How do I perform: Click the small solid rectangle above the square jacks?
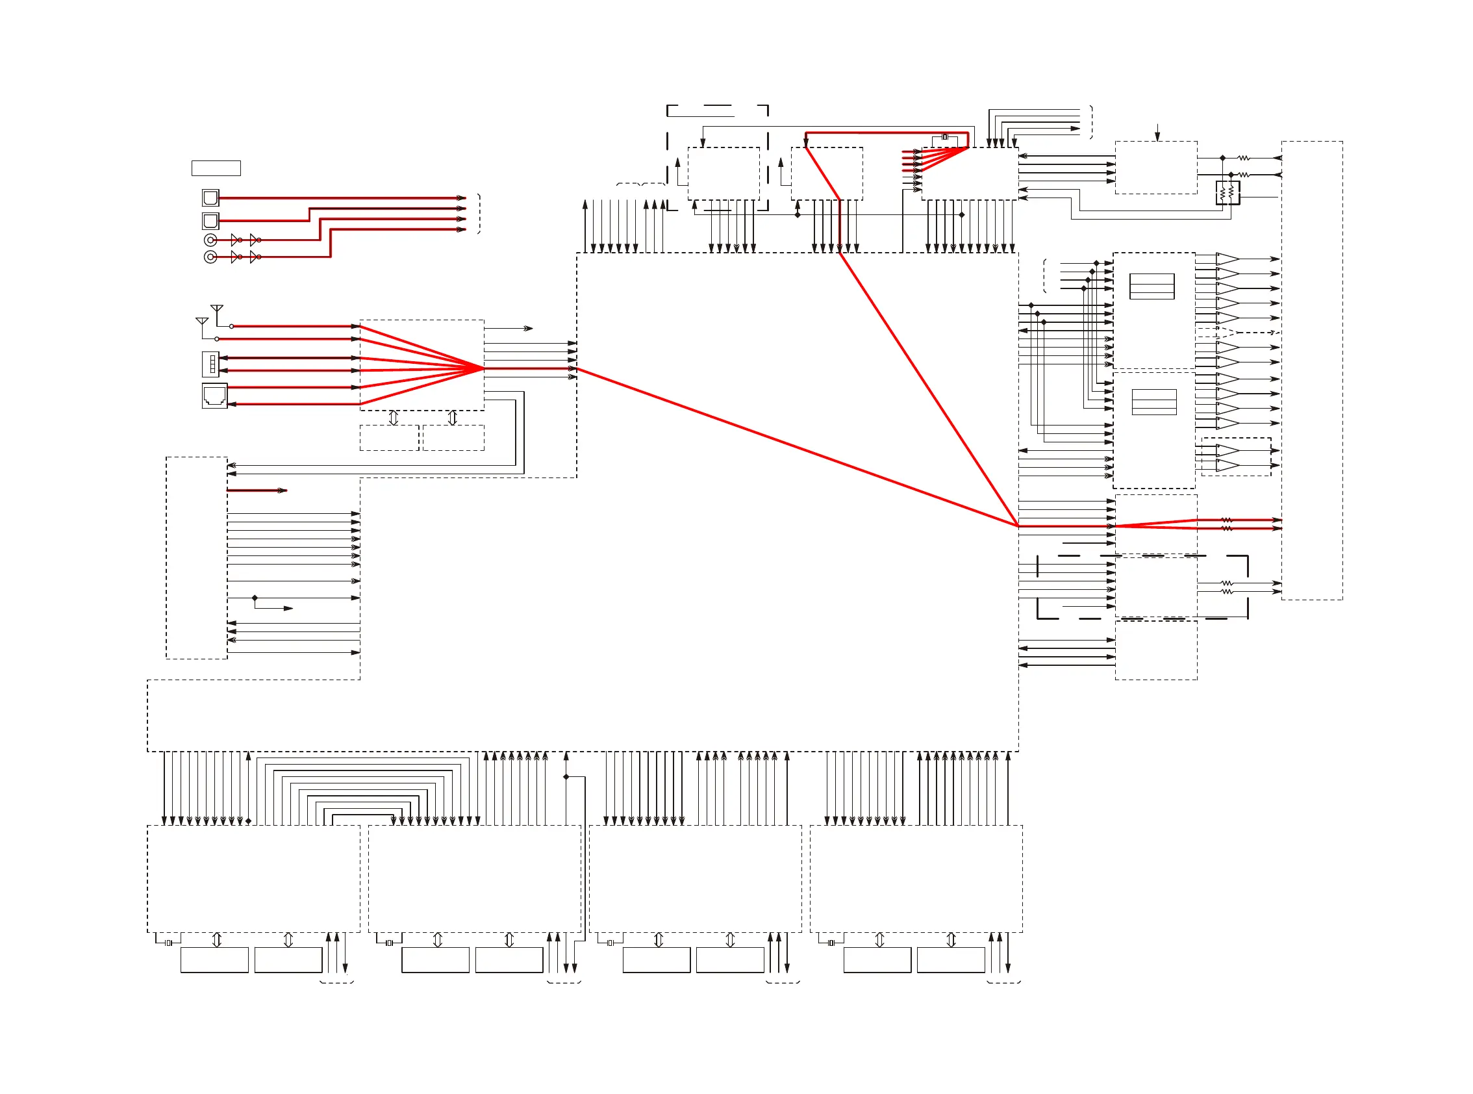coord(216,168)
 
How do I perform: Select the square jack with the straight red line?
coord(210,197)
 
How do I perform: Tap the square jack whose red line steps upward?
coord(210,220)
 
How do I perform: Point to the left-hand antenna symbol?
coord(202,322)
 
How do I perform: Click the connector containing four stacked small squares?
coord(210,364)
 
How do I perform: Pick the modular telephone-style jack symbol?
coord(214,396)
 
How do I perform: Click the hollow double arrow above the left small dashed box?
coord(394,418)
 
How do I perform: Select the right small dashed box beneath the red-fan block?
coord(453,438)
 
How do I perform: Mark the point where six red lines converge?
coord(483,368)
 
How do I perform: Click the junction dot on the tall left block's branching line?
coord(255,598)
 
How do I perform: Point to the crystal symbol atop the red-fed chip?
coord(945,137)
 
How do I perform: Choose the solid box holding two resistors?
coord(1227,193)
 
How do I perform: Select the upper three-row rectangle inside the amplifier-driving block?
coord(1152,286)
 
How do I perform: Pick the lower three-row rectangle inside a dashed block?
coord(1154,402)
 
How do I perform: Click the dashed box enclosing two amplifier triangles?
coord(1236,457)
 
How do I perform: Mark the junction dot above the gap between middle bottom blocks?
coord(566,777)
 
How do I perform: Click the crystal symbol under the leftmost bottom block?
coord(169,943)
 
